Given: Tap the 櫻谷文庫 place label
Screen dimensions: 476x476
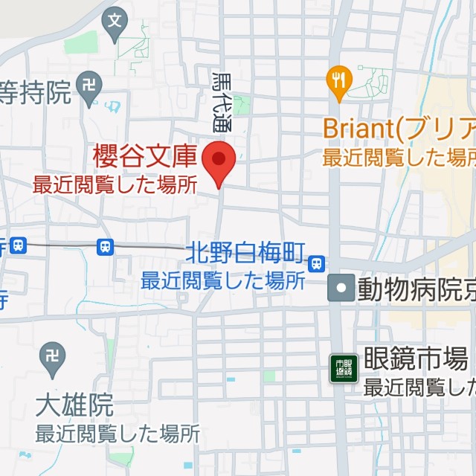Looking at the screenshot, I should coord(145,157).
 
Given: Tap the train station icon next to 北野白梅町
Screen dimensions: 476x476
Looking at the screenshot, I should coord(318,263).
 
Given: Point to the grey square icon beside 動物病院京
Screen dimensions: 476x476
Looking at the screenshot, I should coord(341,288).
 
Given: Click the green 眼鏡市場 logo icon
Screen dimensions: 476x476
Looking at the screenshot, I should coord(344,368).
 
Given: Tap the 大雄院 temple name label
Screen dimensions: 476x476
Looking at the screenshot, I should coord(74,405).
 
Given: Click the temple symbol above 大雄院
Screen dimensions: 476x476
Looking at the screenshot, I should coord(54,353).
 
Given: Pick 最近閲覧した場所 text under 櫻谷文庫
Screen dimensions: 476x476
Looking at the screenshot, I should coord(115,184).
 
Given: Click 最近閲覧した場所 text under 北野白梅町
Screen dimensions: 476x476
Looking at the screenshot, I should coord(223,280).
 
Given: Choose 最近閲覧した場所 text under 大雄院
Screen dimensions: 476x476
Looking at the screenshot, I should coord(118,432).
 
